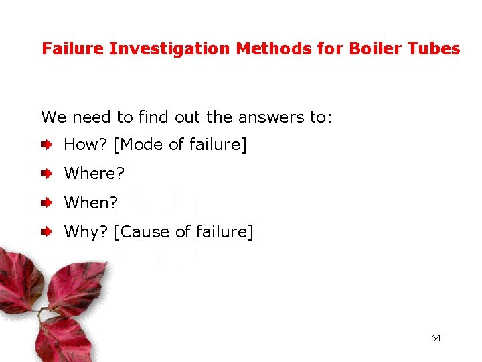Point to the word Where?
94,174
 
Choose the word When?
90,202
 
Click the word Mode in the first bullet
144,144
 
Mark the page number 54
436,338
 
